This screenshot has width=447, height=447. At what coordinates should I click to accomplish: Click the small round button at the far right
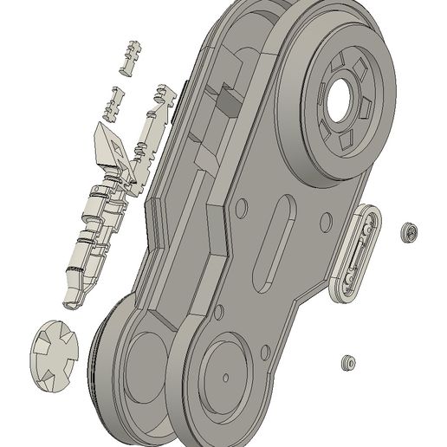(409, 232)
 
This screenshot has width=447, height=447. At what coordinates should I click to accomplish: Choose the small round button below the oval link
(348, 362)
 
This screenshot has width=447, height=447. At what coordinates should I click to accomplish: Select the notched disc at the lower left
(54, 352)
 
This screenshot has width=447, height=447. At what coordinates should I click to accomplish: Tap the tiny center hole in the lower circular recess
(225, 377)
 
